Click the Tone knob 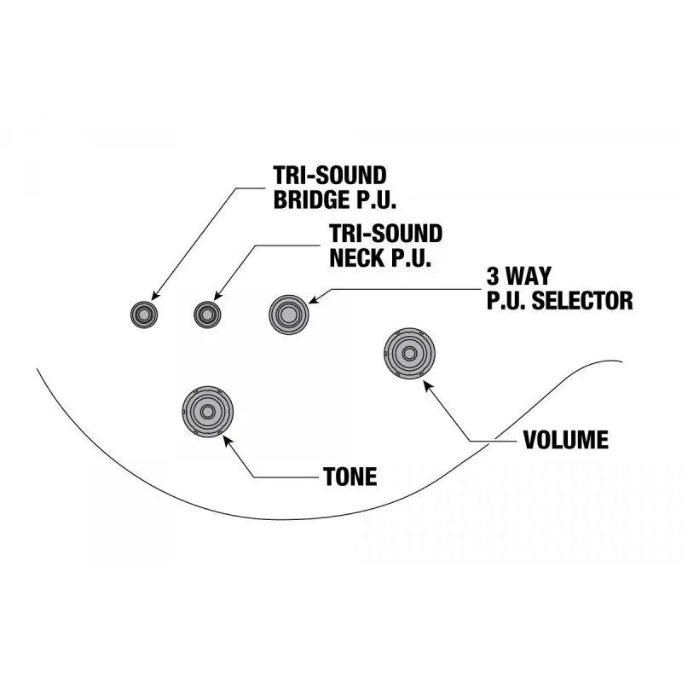tap(207, 411)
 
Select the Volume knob tap(409, 353)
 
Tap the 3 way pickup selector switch tap(289, 315)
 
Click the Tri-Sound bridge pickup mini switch tap(144, 315)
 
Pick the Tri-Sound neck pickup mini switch tap(207, 315)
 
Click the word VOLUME tap(566, 440)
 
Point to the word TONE tap(350, 477)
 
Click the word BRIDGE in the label tap(309, 199)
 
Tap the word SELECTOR tap(582, 301)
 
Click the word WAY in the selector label tap(529, 276)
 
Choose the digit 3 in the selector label tap(493, 276)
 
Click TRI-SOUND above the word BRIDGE tap(330, 176)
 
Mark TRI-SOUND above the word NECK tap(386, 234)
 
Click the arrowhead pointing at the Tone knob tap(227, 441)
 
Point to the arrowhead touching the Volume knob tap(428, 386)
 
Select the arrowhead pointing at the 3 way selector tap(315, 299)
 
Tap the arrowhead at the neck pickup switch tap(218, 295)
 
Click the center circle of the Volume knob tap(409, 353)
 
